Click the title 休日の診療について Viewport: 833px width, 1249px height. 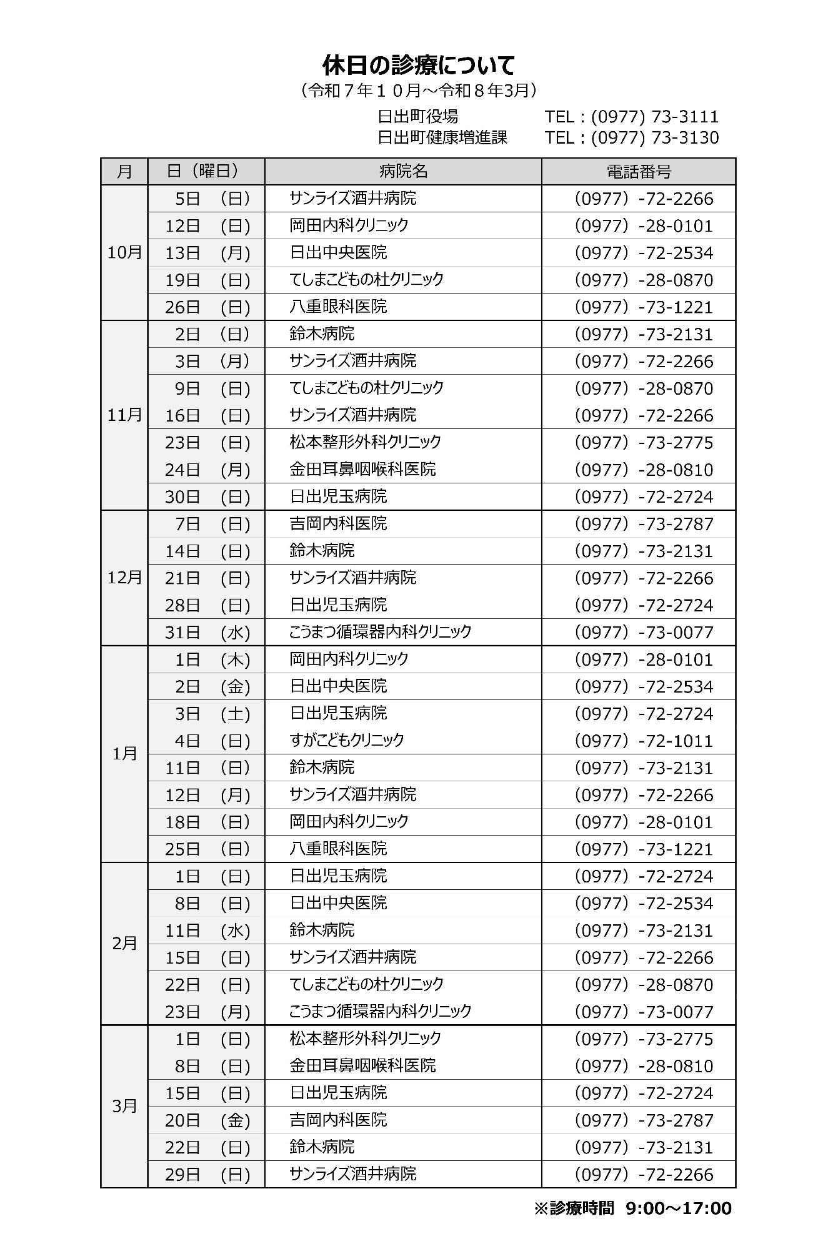pos(418,65)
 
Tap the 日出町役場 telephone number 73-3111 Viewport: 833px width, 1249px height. pos(631,117)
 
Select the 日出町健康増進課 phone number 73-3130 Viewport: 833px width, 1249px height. pos(631,137)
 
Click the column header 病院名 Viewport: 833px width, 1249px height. pos(403,171)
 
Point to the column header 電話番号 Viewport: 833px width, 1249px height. pos(638,171)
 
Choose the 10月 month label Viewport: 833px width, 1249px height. pos(124,252)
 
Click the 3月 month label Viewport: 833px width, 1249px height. pos(124,1105)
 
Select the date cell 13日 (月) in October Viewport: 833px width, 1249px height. pos(207,253)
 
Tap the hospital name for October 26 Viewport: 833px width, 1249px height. pos(338,307)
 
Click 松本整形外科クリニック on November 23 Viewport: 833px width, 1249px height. pos(365,442)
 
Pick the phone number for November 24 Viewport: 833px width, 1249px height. pos(643,470)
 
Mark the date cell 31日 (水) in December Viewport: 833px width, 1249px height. pos(207,632)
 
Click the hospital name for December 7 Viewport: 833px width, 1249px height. pos(338,523)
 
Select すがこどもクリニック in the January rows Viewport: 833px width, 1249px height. pos(347,740)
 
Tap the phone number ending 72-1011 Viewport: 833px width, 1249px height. pos(643,741)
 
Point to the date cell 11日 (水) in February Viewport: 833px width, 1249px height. pos(207,931)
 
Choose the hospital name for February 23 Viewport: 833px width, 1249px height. pos(380,1010)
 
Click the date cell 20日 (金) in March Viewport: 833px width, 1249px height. pos(207,1120)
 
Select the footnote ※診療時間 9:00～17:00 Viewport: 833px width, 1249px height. pos(632,1208)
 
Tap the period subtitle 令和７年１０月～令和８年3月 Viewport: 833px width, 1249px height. pos(418,91)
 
